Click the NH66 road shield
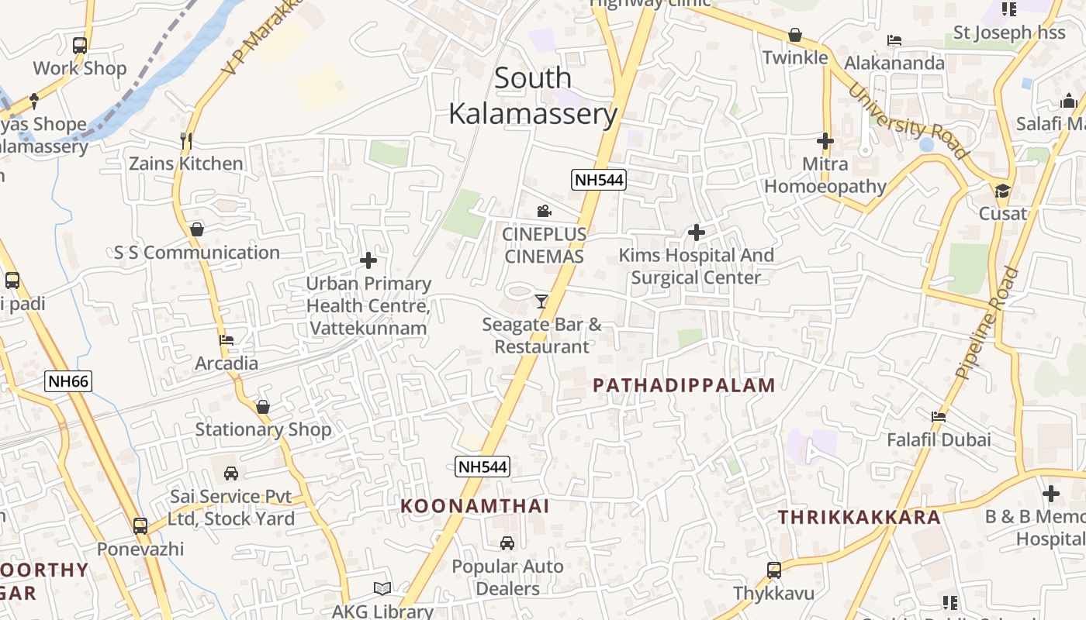pos(68,381)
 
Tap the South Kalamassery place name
pos(533,96)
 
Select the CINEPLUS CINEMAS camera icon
pos(544,211)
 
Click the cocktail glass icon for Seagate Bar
pos(541,301)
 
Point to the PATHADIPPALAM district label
pos(684,385)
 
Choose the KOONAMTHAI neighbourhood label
pos(475,506)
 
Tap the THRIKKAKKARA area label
pos(859,517)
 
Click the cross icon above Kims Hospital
pos(697,232)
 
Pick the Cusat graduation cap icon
pos(1003,191)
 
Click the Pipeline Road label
pos(987,322)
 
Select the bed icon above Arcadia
pos(227,339)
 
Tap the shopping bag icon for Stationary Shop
pos(263,407)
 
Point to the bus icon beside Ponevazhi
pos(140,525)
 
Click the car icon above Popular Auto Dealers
pos(507,543)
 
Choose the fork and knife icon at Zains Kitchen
pos(185,140)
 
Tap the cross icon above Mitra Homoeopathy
pos(825,141)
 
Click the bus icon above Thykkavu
pos(774,570)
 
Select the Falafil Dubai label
pos(939,439)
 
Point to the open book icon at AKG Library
pos(382,588)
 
